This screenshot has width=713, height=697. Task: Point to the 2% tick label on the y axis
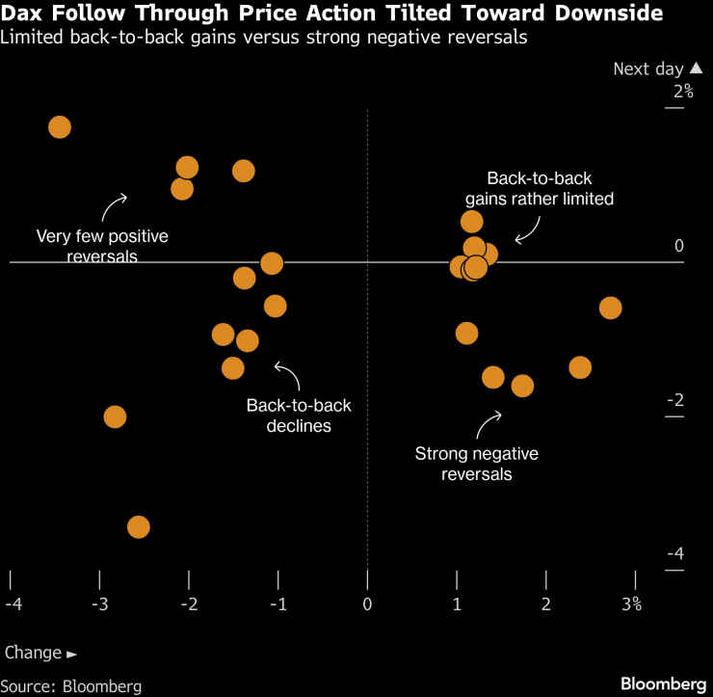click(683, 92)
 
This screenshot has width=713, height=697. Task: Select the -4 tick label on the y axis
click(676, 554)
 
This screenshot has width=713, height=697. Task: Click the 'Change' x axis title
click(34, 653)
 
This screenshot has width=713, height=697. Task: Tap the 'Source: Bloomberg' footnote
click(72, 686)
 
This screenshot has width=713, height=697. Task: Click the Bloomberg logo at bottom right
click(664, 684)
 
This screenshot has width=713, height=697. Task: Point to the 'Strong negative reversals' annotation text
click(476, 464)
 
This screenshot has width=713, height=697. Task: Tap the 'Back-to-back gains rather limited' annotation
click(539, 189)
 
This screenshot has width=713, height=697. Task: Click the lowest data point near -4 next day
click(138, 527)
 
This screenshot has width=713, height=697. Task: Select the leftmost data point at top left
click(60, 127)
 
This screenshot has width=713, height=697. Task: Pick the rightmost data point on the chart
click(610, 308)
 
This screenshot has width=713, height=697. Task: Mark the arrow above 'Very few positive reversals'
click(115, 204)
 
